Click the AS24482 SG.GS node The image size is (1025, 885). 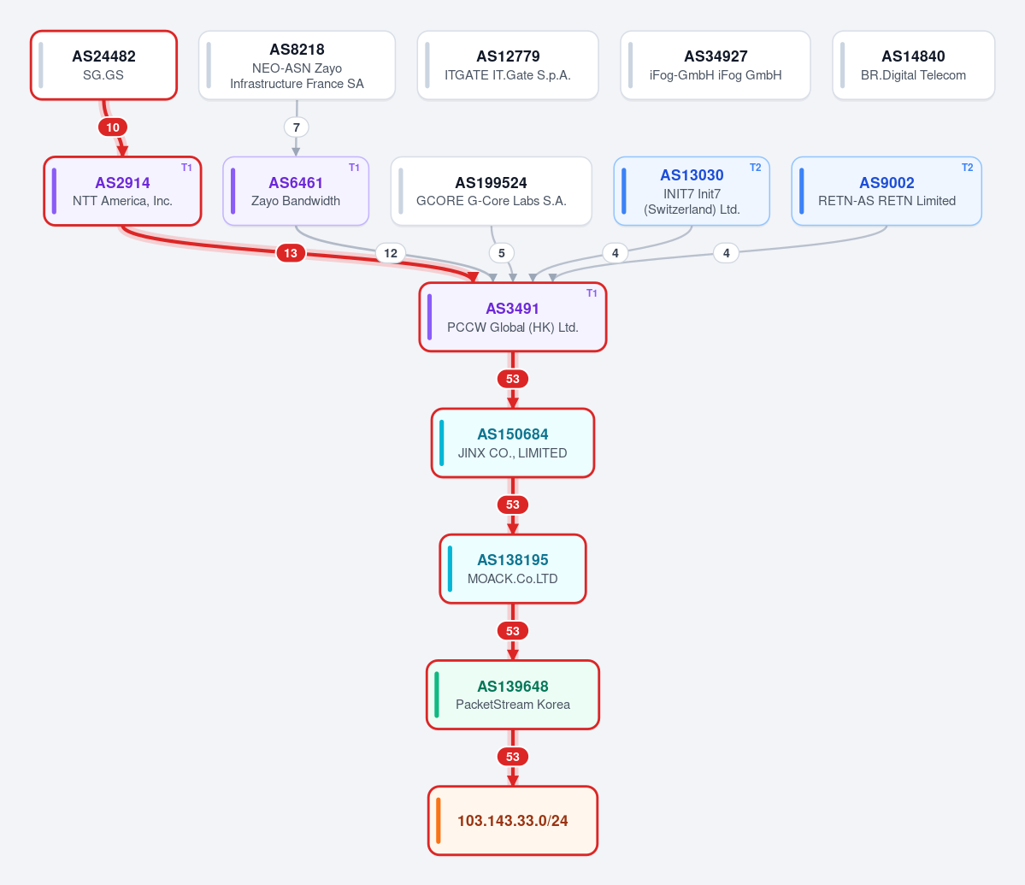pos(104,65)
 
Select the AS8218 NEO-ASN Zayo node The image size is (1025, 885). pos(297,65)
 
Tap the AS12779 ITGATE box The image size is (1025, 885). pos(508,65)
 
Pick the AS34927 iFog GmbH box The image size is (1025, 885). pos(716,65)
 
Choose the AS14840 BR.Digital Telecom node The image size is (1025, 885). pos(913,65)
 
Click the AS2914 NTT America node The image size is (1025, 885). pos(122,191)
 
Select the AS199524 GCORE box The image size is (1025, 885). pos(491,191)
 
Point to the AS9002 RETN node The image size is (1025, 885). pos(887,191)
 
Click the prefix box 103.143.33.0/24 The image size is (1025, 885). pos(513,820)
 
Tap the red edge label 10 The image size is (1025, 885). pos(113,127)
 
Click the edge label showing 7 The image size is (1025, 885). pos(296,127)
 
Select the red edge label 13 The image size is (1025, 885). pos(291,253)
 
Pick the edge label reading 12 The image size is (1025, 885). pos(391,253)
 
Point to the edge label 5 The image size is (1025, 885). pos(502,253)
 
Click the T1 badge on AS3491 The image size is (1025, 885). pos(592,293)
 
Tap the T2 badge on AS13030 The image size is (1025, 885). pos(755,168)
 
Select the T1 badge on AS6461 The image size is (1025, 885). pos(354,168)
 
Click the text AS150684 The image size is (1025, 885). pos(513,434)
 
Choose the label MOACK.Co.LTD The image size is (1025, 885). pos(513,578)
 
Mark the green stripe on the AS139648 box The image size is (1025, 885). pos(437,695)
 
